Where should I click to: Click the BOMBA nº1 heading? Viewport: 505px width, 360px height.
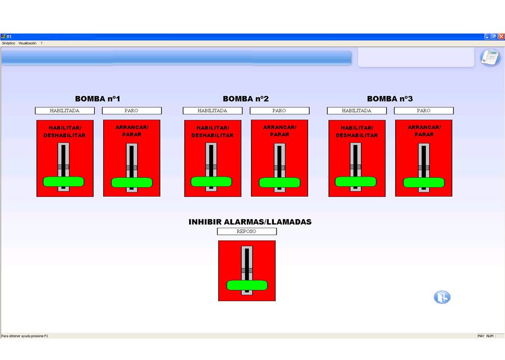coord(98,99)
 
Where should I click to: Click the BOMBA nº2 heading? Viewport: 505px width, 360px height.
coord(246,99)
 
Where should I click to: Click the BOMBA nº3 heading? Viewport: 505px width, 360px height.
coord(390,99)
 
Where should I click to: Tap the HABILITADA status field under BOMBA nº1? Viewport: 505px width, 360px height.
coord(65,111)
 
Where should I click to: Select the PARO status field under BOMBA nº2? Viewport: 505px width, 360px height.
coord(279,111)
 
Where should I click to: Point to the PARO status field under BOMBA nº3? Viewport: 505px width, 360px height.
coord(424,111)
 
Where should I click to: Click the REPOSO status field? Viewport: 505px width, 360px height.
coord(247,231)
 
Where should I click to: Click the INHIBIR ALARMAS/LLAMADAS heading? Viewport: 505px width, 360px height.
coord(250,222)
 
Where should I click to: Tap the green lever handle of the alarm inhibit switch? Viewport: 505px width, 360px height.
coord(247,285)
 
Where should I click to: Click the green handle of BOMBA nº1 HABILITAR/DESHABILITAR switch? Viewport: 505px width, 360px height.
coord(63,181)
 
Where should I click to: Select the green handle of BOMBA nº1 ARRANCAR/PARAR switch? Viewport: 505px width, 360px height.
coord(132,182)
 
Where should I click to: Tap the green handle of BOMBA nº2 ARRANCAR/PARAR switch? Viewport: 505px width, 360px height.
coord(279,182)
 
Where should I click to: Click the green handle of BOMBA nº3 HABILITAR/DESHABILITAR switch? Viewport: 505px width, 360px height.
coord(355,181)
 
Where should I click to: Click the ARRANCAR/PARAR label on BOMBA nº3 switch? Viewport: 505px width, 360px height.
coord(424,131)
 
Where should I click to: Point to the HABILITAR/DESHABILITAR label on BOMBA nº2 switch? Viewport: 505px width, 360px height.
coord(212,131)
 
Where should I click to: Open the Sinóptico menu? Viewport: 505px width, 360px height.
coord(8,43)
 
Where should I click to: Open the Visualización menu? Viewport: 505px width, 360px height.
coord(27,43)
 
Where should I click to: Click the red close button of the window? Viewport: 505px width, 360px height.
coord(501,36)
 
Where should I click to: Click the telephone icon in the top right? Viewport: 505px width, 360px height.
coord(490,57)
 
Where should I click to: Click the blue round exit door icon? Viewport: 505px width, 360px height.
coord(442,297)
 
